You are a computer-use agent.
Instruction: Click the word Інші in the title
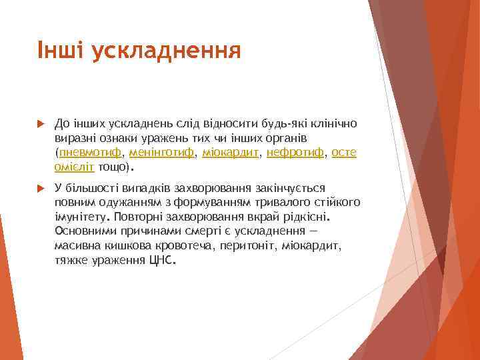click(59, 49)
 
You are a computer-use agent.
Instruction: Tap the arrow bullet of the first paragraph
click(40, 123)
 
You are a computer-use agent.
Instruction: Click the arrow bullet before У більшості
click(40, 189)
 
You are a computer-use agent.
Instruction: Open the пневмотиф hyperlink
click(90, 153)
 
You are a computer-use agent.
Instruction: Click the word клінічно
click(331, 124)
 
